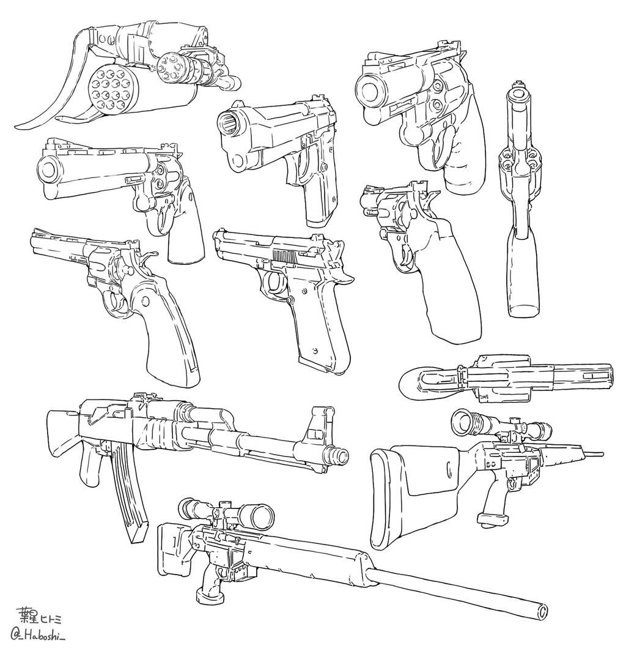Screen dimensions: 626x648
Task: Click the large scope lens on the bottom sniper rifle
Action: pyautogui.click(x=261, y=516)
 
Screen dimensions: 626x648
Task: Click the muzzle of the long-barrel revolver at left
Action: pyautogui.click(x=50, y=169)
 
